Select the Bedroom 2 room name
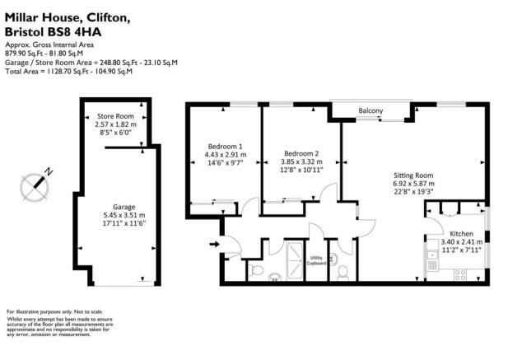pos(301,153)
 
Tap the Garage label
pos(124,207)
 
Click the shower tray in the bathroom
pos(293,262)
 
